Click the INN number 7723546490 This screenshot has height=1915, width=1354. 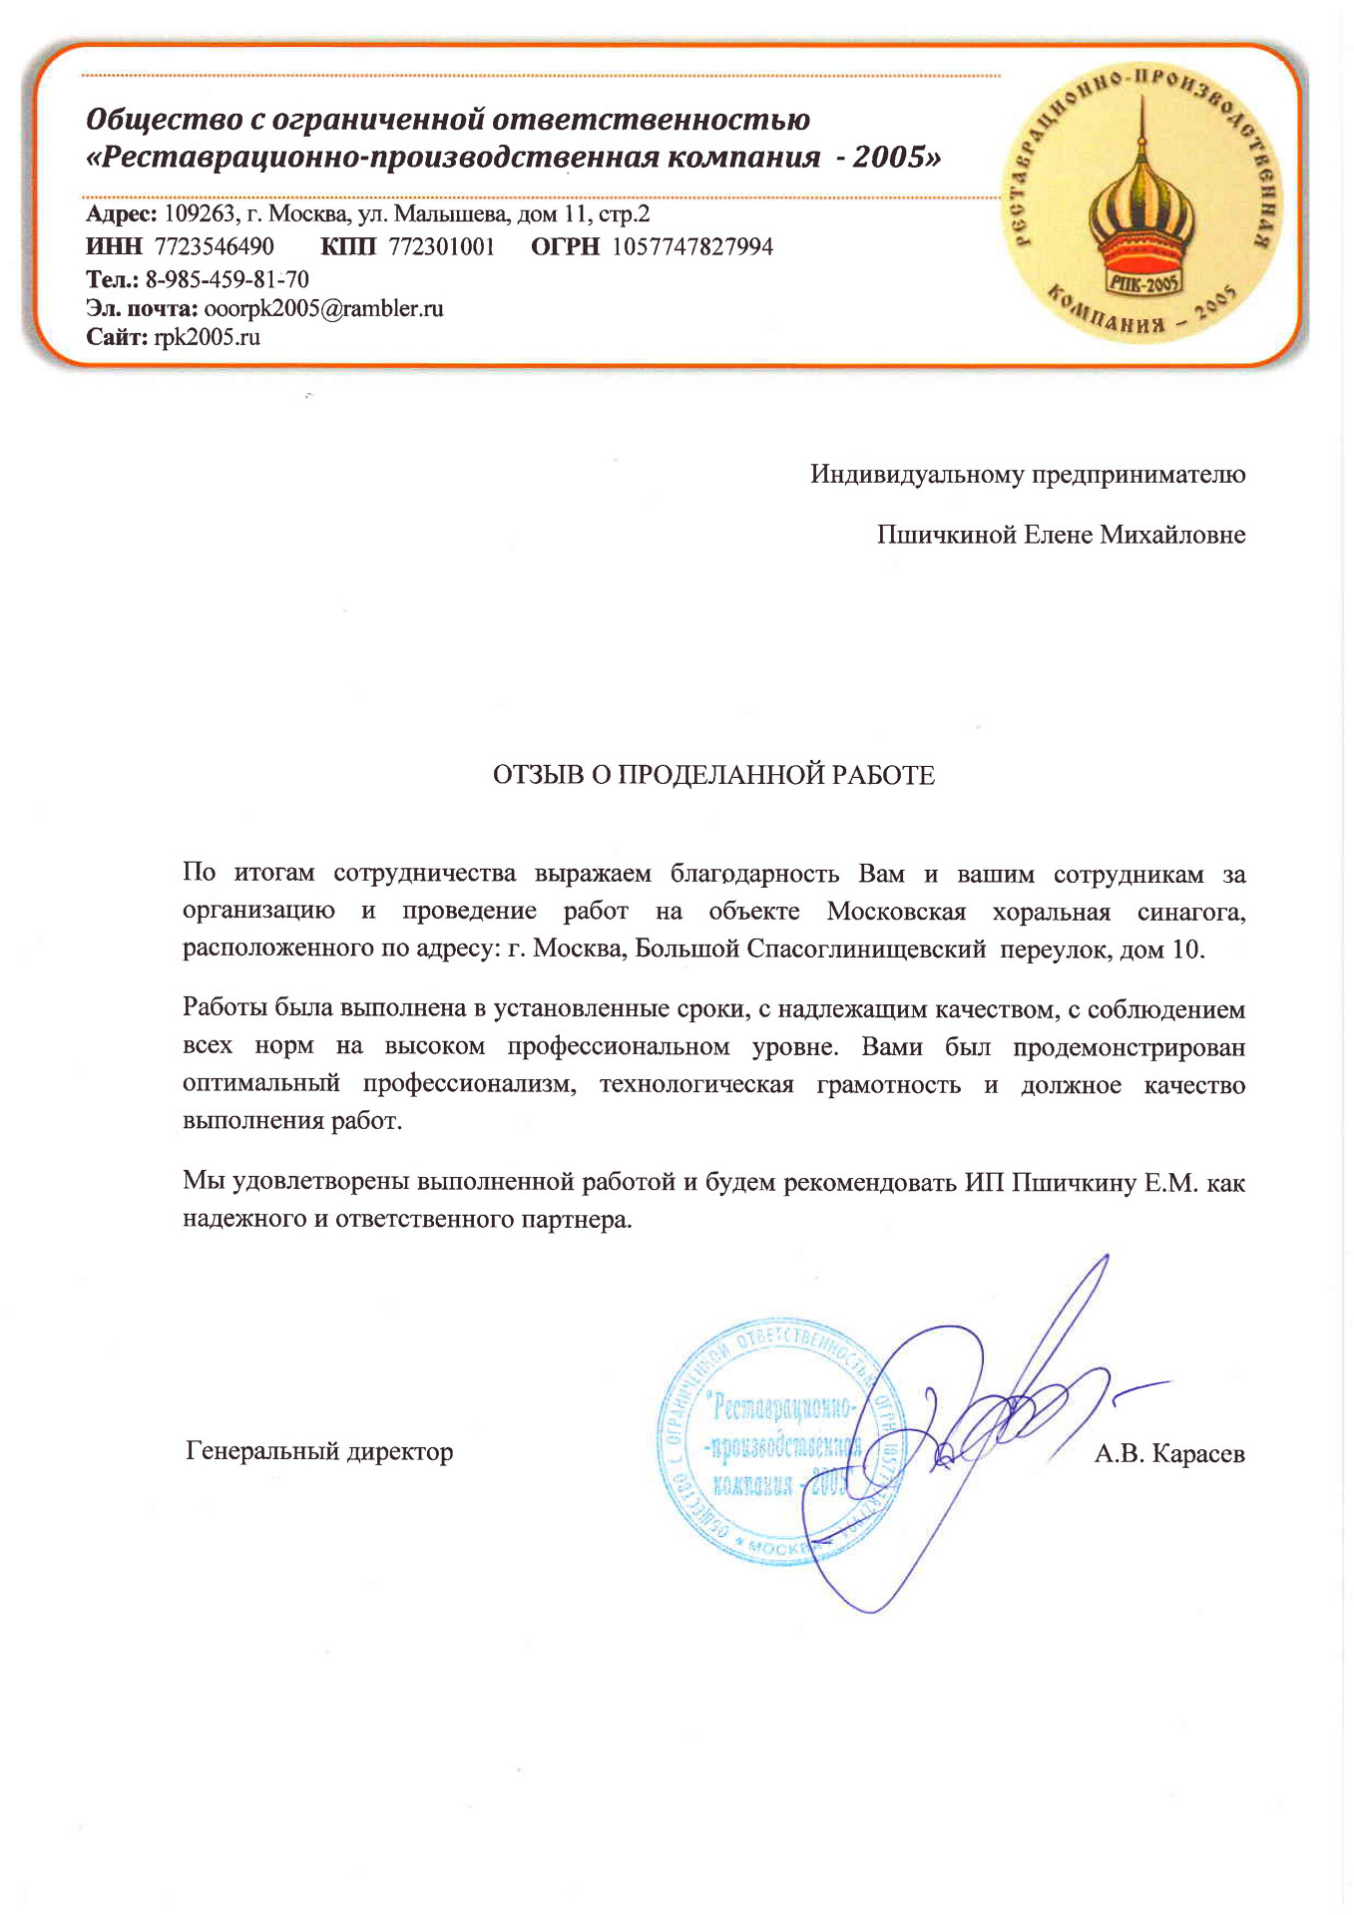coord(215,246)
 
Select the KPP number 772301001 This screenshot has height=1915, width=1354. coord(441,246)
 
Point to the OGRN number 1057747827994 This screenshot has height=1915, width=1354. coord(692,246)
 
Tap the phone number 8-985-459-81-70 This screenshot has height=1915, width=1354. coord(227,278)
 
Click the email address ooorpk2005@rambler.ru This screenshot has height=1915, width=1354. coord(323,308)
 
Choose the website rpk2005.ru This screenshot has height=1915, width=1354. coord(207,337)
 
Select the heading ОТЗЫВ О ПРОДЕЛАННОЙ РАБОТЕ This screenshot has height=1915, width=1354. coord(713,776)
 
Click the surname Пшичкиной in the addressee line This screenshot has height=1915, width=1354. coord(947,535)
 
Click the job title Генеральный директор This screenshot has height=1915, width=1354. coord(319,1451)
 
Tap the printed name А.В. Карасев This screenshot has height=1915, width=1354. coord(1169,1453)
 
